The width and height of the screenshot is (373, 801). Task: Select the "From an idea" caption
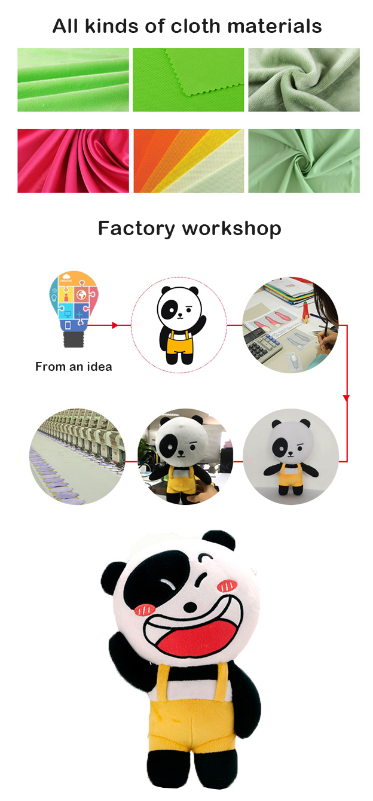click(x=74, y=367)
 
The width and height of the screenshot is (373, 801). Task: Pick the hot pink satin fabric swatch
click(x=73, y=161)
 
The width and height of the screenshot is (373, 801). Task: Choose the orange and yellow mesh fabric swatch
click(x=188, y=161)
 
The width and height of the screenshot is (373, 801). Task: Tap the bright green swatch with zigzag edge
click(x=188, y=80)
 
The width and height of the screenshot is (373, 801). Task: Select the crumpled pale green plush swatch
click(x=304, y=80)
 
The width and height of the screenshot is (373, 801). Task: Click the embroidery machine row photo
click(x=77, y=456)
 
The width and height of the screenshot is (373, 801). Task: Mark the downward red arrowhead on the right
click(x=346, y=398)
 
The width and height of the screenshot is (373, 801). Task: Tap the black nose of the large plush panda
click(x=190, y=607)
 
